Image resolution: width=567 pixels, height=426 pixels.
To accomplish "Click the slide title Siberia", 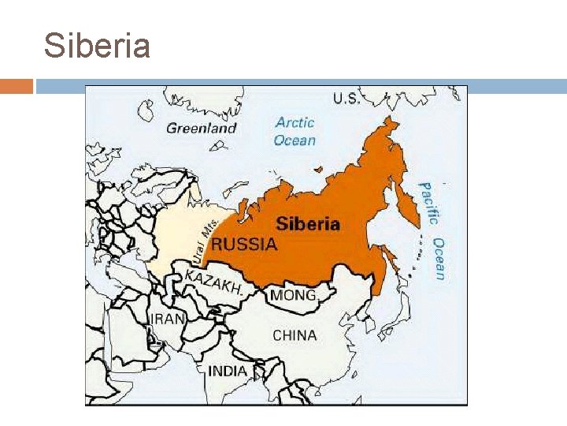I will (97, 46).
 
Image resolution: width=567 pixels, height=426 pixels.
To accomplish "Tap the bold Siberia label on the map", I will (308, 224).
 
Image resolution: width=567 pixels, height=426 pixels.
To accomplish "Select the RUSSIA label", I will (244, 244).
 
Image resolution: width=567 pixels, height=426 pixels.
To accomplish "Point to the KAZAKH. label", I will (213, 282).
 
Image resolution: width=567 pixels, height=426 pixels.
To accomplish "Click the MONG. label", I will (294, 296).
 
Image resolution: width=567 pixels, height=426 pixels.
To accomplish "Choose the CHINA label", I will (295, 335).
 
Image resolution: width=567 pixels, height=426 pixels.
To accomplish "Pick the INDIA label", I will (228, 371).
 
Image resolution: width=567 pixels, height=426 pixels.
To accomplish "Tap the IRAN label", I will (167, 319).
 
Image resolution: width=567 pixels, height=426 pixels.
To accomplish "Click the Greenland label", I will (202, 128).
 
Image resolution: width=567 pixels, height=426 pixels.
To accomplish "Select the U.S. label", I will (346, 98).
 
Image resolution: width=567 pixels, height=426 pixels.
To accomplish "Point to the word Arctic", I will (295, 122).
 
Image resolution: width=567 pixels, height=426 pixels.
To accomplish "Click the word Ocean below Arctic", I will (295, 140).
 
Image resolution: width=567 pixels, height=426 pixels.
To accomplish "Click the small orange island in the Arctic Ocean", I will (317, 168).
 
